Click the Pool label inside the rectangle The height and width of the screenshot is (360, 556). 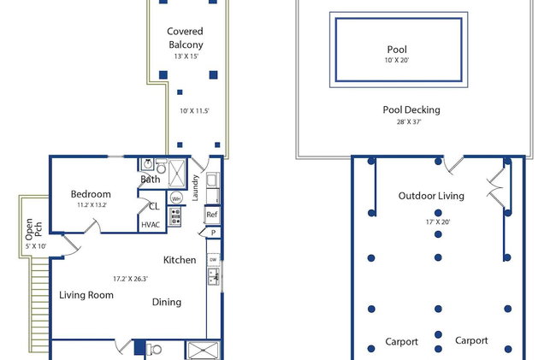397,50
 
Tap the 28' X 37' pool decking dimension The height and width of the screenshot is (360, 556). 409,122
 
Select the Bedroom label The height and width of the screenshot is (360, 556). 91,194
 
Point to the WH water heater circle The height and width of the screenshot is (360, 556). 176,198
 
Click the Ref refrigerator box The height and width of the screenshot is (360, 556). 211,215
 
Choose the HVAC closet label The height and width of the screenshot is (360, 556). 151,225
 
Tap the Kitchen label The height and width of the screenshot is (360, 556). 180,260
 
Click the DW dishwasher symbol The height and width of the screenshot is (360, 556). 213,260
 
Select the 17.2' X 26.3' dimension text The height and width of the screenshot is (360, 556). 130,279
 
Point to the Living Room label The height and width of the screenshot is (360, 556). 86,295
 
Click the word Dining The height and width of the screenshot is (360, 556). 167,302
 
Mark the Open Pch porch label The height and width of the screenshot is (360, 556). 33,229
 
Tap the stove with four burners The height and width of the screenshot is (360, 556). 174,217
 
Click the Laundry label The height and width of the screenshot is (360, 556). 195,188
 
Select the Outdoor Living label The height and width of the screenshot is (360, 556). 431,196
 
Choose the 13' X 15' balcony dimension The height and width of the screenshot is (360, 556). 186,56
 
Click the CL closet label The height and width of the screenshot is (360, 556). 154,206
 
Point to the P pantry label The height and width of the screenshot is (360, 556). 213,233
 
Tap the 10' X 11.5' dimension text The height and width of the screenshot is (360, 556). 194,111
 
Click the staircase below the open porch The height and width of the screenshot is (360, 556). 39,304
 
